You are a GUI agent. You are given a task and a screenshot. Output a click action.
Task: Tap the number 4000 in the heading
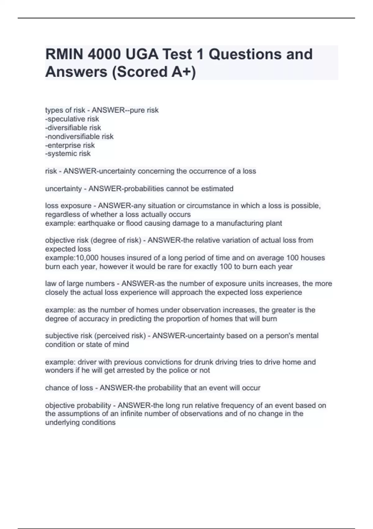click(104, 54)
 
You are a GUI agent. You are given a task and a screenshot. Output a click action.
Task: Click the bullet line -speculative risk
click(72, 119)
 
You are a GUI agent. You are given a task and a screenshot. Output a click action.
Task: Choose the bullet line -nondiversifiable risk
click(79, 136)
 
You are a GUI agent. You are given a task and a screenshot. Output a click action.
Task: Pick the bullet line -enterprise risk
click(70, 145)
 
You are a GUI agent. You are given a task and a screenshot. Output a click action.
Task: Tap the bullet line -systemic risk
click(68, 153)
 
